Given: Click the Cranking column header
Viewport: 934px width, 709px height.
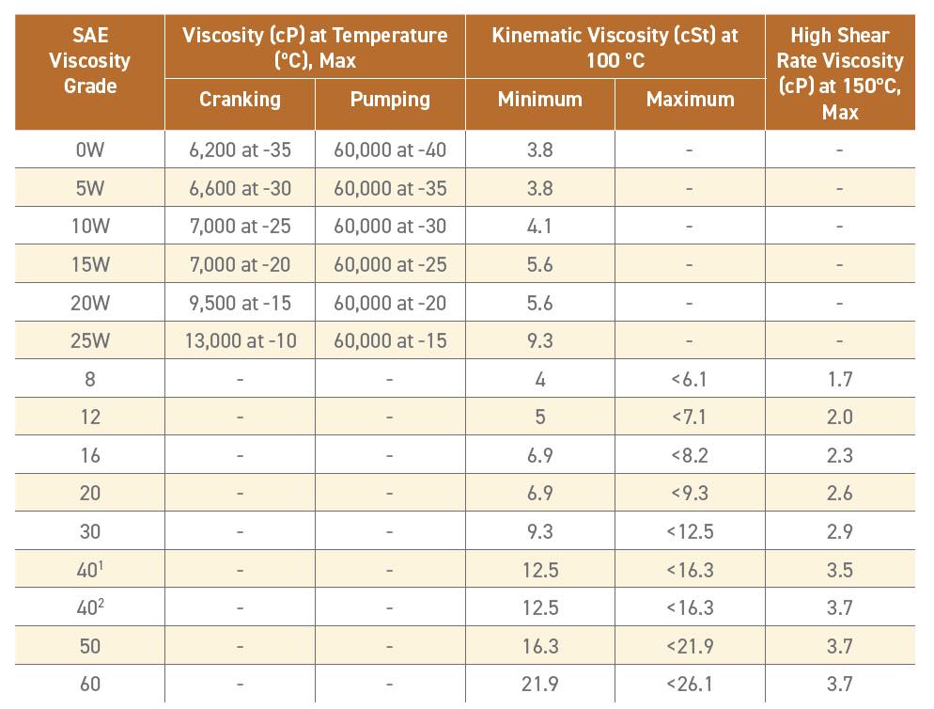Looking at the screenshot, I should point(240,99).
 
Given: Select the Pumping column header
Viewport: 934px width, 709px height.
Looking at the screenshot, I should point(390,99).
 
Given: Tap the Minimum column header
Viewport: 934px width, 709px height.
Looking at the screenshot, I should point(540,99).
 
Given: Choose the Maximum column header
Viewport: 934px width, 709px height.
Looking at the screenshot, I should point(690,99).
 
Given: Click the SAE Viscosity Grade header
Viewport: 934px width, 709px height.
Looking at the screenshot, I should point(90,61).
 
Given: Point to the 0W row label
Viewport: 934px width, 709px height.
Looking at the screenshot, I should point(90,150).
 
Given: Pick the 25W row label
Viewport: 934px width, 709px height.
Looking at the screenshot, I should point(90,340).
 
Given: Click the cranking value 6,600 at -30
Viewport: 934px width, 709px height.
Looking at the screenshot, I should point(240,188).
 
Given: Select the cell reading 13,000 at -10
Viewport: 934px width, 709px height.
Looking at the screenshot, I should point(240,340).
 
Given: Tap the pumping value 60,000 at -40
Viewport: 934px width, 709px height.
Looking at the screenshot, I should point(390,150).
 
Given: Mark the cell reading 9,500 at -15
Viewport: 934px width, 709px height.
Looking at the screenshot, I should point(240,303).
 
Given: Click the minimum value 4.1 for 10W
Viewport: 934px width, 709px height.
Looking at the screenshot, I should point(540,227).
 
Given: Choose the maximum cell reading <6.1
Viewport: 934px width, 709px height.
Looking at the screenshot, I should point(690,379).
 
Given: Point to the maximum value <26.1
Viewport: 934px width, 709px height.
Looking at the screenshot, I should point(690,685).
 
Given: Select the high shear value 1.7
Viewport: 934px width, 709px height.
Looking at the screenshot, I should point(839,379).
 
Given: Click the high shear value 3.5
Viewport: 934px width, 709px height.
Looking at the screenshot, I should point(839,570).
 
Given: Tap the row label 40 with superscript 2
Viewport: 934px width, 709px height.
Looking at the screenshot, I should point(90,607).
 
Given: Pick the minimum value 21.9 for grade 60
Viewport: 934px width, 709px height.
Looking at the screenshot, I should point(540,685).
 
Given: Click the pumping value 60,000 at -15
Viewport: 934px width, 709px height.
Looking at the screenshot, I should point(390,340).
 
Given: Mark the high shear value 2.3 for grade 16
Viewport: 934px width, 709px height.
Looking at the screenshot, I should point(839,455).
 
